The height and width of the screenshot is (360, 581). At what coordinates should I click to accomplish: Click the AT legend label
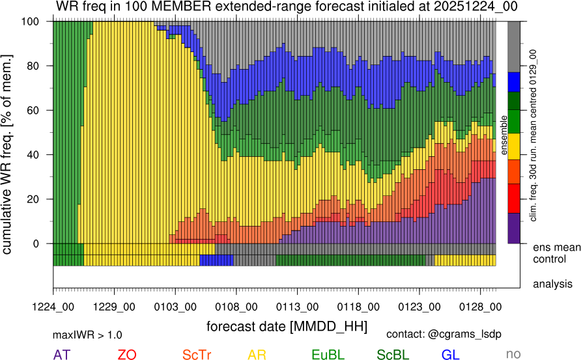point(62,355)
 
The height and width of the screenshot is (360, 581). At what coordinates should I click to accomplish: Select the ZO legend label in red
point(126,355)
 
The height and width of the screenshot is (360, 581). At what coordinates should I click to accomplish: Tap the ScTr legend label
point(197,355)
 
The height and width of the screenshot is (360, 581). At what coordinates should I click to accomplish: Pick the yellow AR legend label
point(257,355)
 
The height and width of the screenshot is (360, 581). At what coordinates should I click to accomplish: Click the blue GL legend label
point(451,355)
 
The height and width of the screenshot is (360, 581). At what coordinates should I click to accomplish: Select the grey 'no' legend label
point(513,355)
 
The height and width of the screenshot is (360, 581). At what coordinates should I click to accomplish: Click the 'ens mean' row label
point(556,247)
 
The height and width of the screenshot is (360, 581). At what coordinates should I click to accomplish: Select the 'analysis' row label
point(552,284)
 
